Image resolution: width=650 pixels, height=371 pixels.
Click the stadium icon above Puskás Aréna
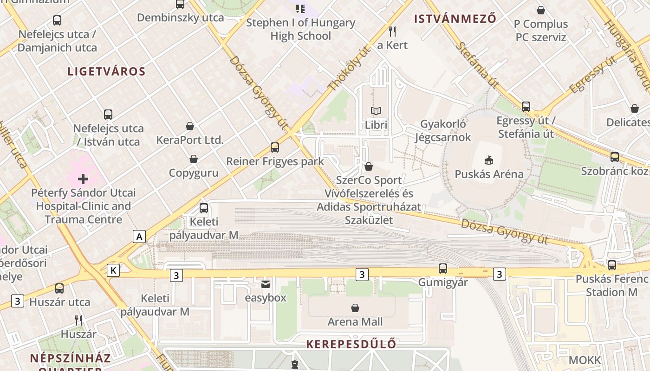coord(488,160)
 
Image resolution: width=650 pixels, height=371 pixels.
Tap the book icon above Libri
coord(376,111)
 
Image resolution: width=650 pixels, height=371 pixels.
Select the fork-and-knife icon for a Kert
coord(392,31)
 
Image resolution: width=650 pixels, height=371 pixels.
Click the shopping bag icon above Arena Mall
coord(355,307)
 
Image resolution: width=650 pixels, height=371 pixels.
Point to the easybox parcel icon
coord(266,284)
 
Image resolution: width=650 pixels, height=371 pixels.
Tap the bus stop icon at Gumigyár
coord(443,269)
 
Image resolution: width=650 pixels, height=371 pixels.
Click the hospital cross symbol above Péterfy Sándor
coord(83,179)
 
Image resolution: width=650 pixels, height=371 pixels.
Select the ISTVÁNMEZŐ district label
coord(455,19)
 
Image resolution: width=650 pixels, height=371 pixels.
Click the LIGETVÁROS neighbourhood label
coord(106,71)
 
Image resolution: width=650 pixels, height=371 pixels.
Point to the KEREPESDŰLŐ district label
coord(351,344)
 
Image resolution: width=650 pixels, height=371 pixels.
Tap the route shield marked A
coord(139,237)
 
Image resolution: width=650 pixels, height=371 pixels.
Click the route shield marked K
coord(113,270)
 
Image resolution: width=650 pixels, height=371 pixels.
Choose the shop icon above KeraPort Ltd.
coord(190,126)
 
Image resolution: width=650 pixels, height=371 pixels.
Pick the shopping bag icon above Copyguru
coord(194,159)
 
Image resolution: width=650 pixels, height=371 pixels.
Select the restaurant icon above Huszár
coord(78,320)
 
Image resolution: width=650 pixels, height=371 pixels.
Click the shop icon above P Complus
coord(541,10)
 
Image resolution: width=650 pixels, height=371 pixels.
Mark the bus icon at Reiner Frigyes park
coord(275,147)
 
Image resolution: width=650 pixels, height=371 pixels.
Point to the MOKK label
coord(585,360)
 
